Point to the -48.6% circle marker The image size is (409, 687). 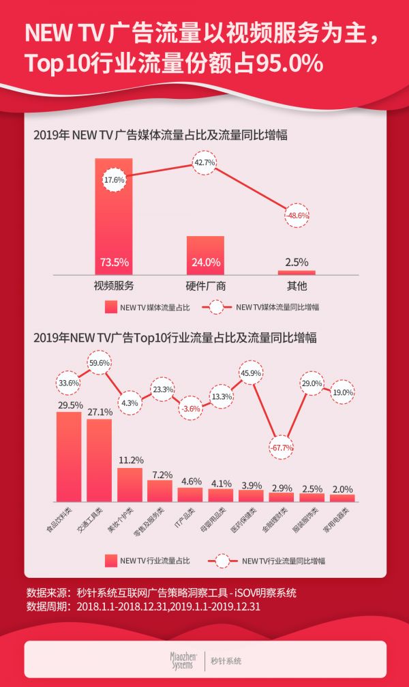point(297,215)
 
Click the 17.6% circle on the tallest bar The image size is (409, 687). point(114,180)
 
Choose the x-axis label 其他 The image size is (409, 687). point(297,285)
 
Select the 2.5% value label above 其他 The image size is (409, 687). point(297,262)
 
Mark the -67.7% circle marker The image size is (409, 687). point(281,448)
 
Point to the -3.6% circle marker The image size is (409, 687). point(191,408)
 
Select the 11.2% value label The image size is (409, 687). point(130,459)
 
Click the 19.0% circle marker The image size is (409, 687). point(343,393)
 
